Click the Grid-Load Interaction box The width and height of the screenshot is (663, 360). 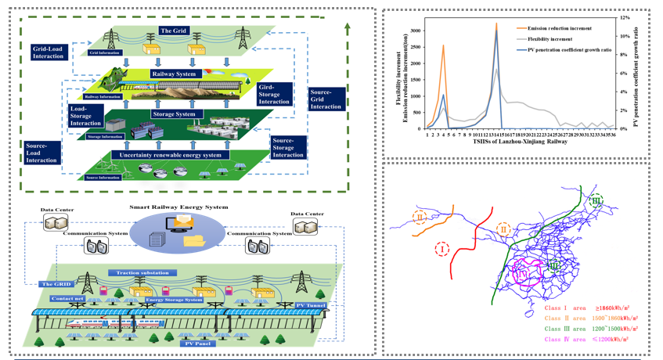point(48,52)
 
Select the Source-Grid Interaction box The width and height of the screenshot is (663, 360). point(326,99)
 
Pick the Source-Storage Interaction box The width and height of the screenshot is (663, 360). point(288,148)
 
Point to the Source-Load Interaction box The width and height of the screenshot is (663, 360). point(41,153)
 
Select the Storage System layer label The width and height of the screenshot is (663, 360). point(174,114)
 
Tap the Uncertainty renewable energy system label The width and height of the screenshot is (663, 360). point(171,155)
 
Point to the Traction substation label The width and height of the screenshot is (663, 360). point(143,273)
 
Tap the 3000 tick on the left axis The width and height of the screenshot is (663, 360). point(415,31)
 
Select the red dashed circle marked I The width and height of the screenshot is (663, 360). point(442,250)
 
